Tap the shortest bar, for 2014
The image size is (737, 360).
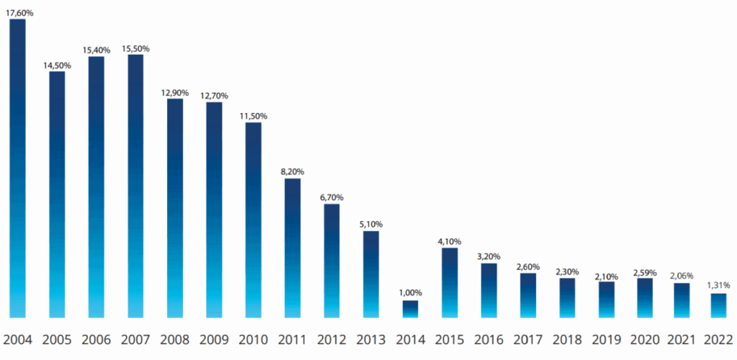(x=410, y=309)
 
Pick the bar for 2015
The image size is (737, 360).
(x=450, y=282)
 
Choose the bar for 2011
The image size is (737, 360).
(x=292, y=248)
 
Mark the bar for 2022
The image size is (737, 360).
(x=719, y=305)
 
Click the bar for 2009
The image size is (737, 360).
(x=214, y=210)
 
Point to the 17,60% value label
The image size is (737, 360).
(x=19, y=12)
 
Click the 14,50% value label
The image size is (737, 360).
(x=58, y=66)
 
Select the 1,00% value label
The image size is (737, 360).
(x=410, y=293)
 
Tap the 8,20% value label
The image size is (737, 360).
(x=292, y=171)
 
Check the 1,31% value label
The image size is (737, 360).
(x=719, y=287)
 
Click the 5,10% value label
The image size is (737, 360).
(x=371, y=224)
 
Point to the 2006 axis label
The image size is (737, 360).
(x=96, y=340)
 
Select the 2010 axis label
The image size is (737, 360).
(x=253, y=340)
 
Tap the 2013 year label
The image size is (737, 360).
(x=371, y=340)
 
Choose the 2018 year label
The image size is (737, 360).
(x=567, y=340)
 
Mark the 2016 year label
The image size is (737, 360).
(x=489, y=340)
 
